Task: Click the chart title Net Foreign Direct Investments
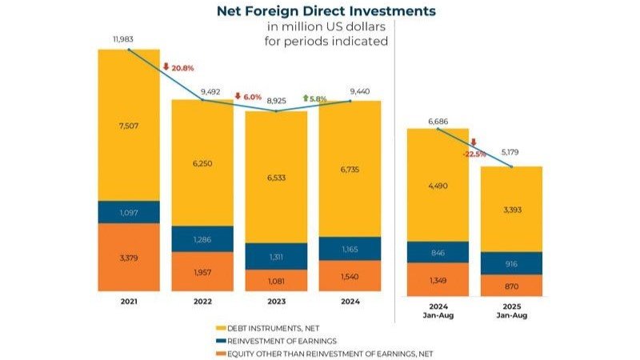[x=326, y=11]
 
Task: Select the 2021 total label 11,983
[x=128, y=39]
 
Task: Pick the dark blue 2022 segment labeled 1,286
[x=202, y=238]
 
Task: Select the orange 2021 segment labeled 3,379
[x=129, y=257]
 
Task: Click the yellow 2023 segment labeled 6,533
[x=276, y=176]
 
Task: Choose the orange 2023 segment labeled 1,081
[x=276, y=280]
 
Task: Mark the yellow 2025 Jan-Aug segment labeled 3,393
[x=511, y=210]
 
